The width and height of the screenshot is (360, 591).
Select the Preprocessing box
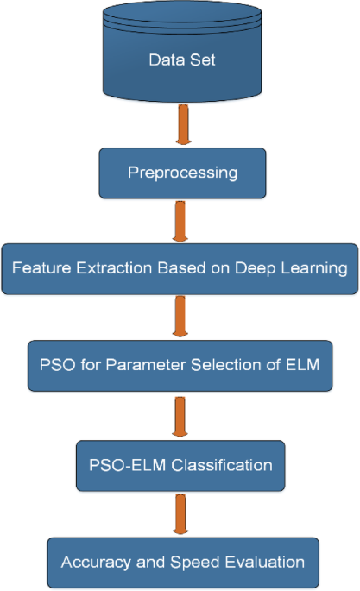pyautogui.click(x=181, y=173)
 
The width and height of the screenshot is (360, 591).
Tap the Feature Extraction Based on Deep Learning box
pyautogui.click(x=180, y=267)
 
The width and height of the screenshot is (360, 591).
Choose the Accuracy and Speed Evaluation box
pyautogui.click(x=182, y=562)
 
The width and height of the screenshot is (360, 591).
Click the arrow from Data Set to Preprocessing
pyautogui.click(x=181, y=126)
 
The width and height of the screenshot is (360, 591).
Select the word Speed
pyautogui.click(x=191, y=563)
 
